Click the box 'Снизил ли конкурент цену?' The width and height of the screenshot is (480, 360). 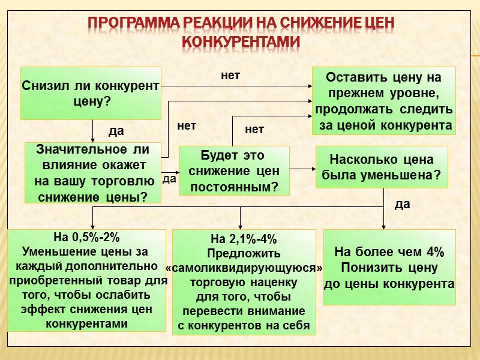91,92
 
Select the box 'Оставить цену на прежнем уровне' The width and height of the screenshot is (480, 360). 384,101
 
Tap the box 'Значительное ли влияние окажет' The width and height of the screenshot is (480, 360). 93,173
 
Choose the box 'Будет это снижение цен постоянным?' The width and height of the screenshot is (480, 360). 234,170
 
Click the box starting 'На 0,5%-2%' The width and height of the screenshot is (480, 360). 86,280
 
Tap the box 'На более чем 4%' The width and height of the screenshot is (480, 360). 389,268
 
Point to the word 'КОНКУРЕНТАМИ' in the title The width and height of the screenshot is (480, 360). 241,42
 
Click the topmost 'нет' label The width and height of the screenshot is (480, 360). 230,76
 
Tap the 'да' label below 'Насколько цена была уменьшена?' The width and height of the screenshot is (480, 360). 403,204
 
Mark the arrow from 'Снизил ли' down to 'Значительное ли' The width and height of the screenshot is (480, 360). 93,130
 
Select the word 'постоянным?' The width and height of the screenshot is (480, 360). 235,187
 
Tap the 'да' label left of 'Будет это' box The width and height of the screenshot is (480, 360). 169,179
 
